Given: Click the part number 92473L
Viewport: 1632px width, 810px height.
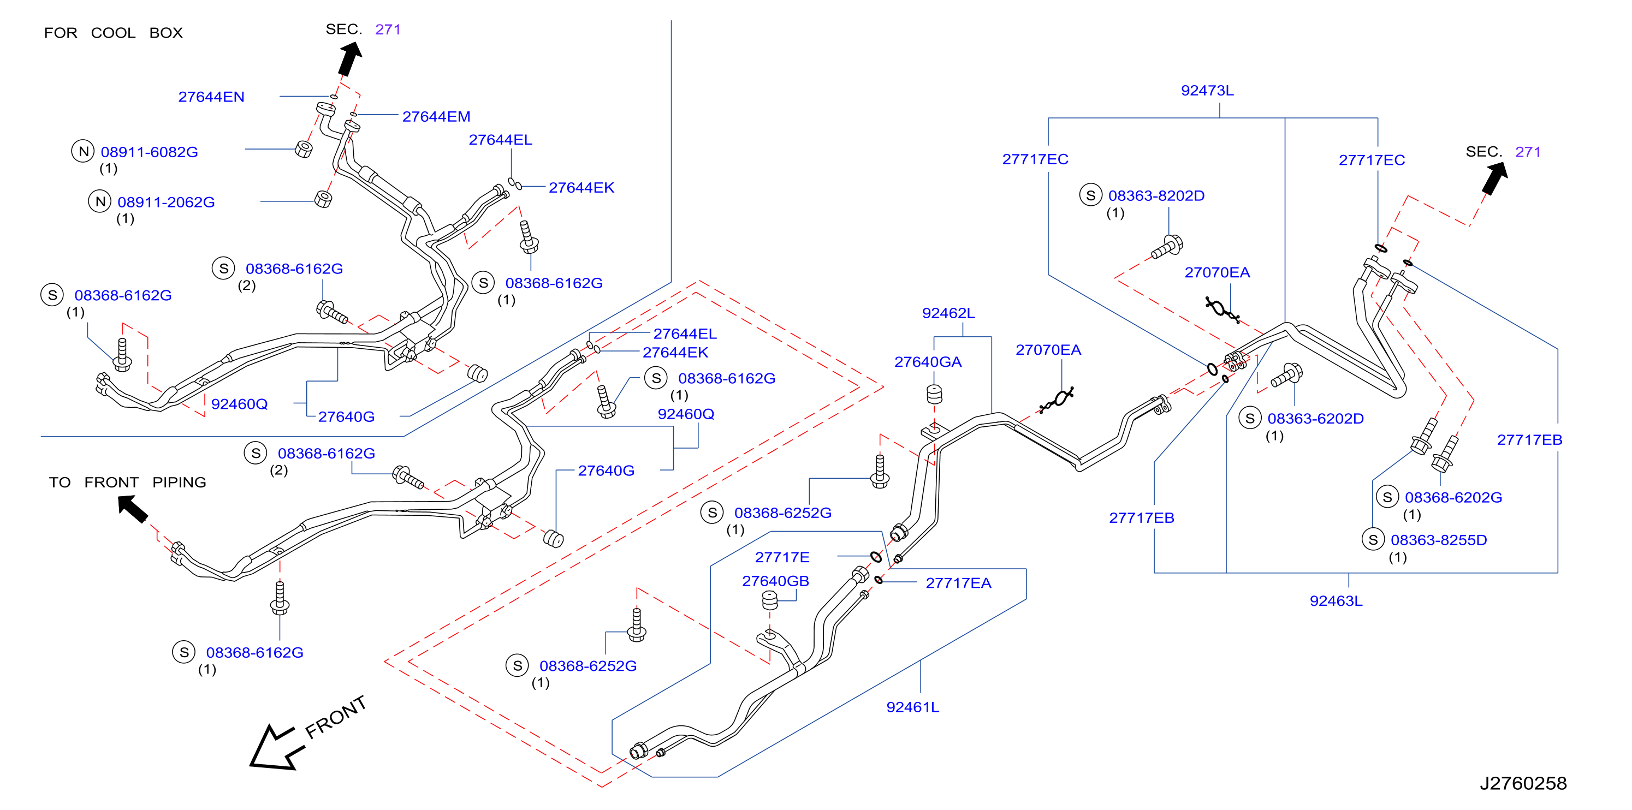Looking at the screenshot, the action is (x=1206, y=91).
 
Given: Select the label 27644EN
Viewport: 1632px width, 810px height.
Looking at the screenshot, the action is (x=211, y=97).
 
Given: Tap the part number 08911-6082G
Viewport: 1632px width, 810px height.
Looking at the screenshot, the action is (x=149, y=152).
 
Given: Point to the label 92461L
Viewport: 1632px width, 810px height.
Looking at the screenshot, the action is (x=912, y=707).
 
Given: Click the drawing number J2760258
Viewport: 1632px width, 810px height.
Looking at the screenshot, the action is (x=1522, y=783).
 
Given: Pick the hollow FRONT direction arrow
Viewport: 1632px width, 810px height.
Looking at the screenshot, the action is (x=277, y=747).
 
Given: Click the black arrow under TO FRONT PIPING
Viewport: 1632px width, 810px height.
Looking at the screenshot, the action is (x=133, y=509).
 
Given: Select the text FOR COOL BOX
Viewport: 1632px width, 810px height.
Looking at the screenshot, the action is (x=114, y=33).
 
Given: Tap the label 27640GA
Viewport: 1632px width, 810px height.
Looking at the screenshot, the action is (x=928, y=362).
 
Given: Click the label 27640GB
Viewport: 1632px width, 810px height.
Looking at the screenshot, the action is (x=775, y=581).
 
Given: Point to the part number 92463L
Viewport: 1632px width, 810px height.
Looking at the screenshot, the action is (x=1336, y=600).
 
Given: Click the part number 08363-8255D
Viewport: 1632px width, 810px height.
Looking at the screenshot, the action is (x=1438, y=540).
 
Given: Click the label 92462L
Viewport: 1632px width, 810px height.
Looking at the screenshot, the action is (x=948, y=313).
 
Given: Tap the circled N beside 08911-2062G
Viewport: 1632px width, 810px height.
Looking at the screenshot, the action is (x=99, y=201).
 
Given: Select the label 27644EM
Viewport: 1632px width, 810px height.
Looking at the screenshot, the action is (x=436, y=116).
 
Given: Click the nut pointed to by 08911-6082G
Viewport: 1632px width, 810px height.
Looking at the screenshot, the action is (x=304, y=150).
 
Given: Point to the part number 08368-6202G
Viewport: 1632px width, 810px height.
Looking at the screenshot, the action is (x=1453, y=497).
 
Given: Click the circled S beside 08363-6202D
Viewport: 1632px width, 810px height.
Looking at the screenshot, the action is (x=1249, y=418).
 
